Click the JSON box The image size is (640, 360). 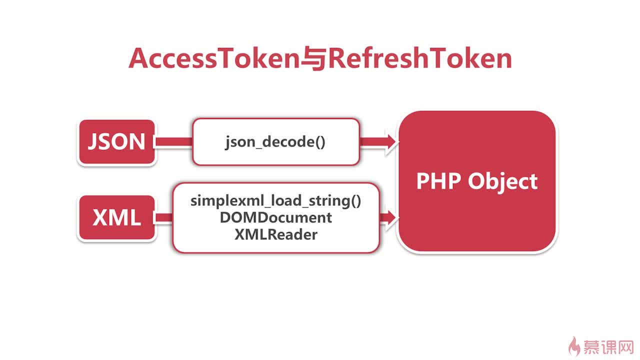click(x=116, y=142)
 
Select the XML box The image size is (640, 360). click(x=116, y=218)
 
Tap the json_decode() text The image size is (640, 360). click(x=275, y=142)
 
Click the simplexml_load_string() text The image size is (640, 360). click(x=275, y=201)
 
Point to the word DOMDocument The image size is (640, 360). click(x=275, y=217)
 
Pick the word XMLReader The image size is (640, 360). click(x=275, y=234)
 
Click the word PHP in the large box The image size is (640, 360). click(x=438, y=181)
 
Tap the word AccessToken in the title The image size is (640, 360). click(x=213, y=59)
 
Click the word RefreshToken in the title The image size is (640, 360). click(x=420, y=59)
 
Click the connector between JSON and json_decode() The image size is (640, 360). click(x=173, y=142)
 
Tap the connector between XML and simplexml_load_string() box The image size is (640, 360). click(x=163, y=217)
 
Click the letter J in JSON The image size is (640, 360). click(x=93, y=142)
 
